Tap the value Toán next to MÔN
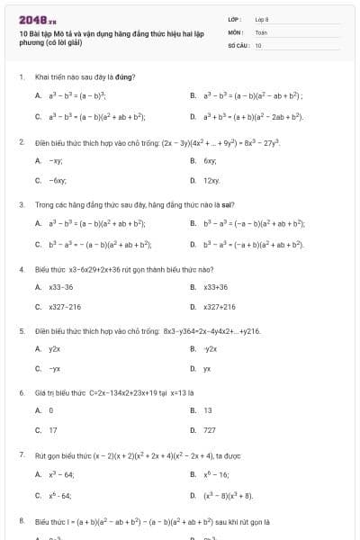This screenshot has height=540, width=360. point(261,31)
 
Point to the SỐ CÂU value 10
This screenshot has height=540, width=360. point(258,44)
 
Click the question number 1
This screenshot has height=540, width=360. point(21,76)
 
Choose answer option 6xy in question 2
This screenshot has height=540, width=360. point(210,160)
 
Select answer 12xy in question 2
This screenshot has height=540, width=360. point(211,181)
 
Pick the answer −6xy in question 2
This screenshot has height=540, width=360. point(55,181)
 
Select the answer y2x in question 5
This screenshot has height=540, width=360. point(55,348)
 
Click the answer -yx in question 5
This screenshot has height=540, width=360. point(55,369)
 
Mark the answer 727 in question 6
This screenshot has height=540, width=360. point(210,430)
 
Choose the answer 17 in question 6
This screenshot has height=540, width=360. point(52,430)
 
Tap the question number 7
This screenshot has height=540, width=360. point(21,454)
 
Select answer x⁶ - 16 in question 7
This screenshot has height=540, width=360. point(216,474)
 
